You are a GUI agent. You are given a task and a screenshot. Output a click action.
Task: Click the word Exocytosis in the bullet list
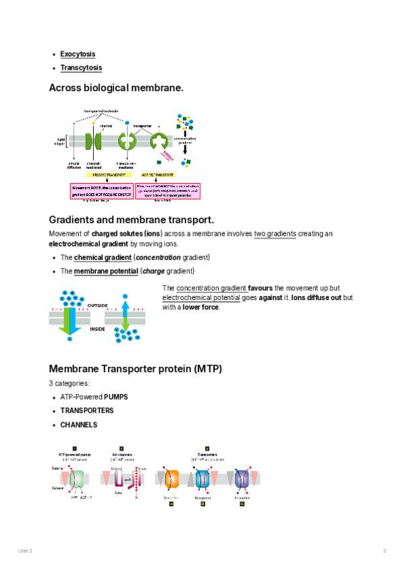[78, 54]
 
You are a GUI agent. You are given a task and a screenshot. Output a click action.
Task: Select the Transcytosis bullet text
[81, 68]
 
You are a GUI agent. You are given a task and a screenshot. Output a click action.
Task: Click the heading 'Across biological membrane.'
[116, 88]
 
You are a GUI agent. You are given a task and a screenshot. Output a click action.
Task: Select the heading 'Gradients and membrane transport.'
[132, 220]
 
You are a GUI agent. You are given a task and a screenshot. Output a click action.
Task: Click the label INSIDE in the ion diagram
[98, 329]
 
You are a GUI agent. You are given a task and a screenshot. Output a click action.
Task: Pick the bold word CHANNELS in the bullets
[79, 425]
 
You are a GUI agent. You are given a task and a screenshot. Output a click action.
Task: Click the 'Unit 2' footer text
[25, 551]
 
